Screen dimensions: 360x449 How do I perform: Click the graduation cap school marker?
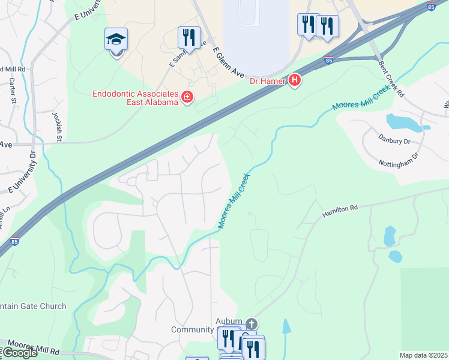click(x=116, y=40)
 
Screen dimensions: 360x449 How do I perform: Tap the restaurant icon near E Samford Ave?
click(x=189, y=37)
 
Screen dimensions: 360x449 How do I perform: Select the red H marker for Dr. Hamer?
click(x=294, y=80)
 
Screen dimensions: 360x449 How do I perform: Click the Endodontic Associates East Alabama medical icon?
click(x=187, y=97)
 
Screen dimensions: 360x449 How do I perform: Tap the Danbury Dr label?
click(x=395, y=142)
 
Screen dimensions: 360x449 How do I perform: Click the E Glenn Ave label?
click(x=230, y=64)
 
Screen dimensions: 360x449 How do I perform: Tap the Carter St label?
click(x=12, y=91)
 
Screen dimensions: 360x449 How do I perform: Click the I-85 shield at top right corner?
click(x=432, y=7)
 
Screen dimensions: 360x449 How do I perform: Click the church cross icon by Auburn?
click(x=251, y=323)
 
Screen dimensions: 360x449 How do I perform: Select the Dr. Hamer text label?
click(x=267, y=80)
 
